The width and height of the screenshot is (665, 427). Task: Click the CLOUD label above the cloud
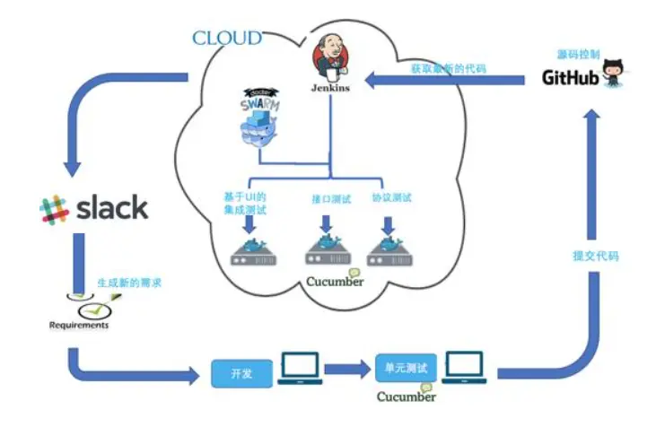click(227, 38)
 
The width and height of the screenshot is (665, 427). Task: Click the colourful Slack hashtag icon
click(55, 209)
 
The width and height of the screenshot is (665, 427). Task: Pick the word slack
click(110, 208)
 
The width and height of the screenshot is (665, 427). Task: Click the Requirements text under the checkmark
click(79, 325)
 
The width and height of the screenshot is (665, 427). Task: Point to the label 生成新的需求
click(129, 283)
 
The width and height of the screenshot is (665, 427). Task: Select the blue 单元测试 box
click(404, 368)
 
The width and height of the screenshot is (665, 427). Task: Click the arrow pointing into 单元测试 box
click(348, 368)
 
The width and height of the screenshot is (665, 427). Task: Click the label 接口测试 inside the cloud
click(327, 199)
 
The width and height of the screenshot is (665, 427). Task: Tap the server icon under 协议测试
click(391, 250)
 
